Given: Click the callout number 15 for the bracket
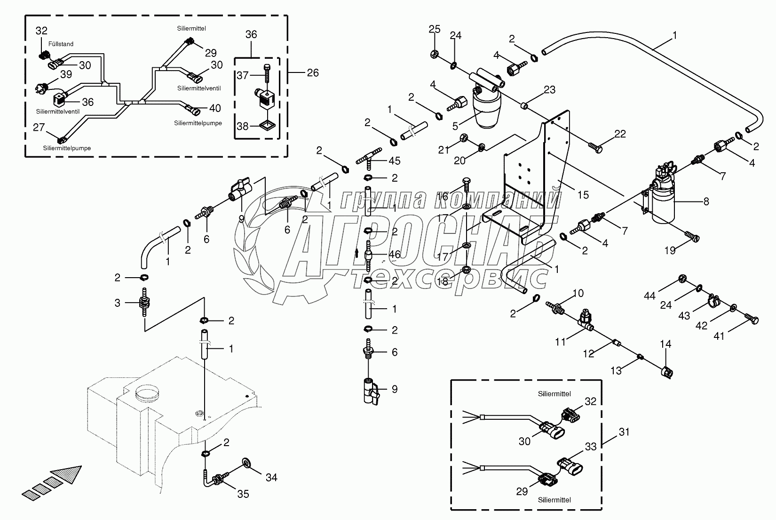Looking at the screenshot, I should click(583, 194).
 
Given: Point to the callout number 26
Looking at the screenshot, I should click(313, 72).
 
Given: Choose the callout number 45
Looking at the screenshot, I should click(395, 161).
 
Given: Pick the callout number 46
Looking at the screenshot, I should click(394, 255).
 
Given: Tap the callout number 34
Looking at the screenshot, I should click(271, 477).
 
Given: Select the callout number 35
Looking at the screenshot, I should click(243, 494).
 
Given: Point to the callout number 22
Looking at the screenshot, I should click(620, 134).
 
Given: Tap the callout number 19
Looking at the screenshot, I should click(670, 250).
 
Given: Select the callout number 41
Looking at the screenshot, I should click(720, 336).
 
